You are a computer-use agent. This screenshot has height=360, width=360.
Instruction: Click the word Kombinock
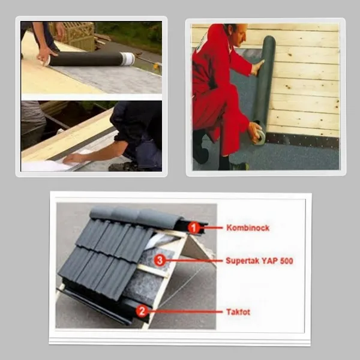click(x=248, y=227)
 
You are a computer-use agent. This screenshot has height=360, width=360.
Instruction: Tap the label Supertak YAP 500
click(x=259, y=261)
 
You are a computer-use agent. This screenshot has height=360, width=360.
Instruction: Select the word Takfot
click(x=238, y=312)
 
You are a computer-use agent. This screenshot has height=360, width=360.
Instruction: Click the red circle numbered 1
click(x=194, y=228)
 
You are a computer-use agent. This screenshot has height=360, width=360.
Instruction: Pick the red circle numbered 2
click(x=142, y=311)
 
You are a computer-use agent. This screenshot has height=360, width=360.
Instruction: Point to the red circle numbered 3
click(x=160, y=260)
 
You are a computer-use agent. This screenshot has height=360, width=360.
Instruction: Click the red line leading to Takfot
click(x=185, y=312)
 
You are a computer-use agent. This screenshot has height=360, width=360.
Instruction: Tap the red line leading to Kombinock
click(x=211, y=228)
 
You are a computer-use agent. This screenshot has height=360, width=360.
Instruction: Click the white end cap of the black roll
click(x=128, y=59)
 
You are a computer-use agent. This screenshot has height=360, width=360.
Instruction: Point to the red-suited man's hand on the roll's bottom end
click(x=256, y=133)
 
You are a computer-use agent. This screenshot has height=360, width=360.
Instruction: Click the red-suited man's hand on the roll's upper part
click(x=257, y=67)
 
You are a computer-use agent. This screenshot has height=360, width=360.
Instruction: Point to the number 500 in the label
click(x=287, y=261)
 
